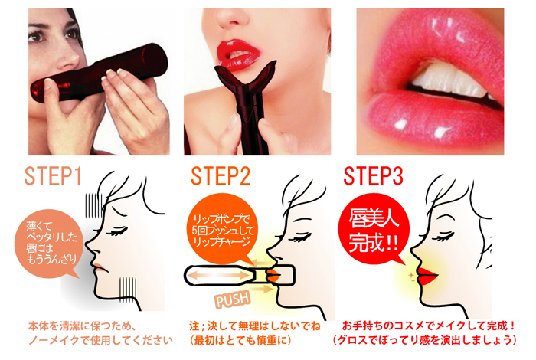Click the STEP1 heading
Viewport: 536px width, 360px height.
[x=53, y=176]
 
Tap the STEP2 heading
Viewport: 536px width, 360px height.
[x=221, y=176]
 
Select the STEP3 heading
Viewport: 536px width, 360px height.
[x=374, y=176]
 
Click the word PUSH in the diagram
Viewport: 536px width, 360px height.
[x=233, y=299]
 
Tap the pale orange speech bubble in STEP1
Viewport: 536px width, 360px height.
[x=50, y=244]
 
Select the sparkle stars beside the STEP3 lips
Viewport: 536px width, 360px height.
[x=412, y=277]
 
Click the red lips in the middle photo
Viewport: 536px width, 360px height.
[x=239, y=54]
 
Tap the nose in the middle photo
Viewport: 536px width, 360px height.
[x=229, y=20]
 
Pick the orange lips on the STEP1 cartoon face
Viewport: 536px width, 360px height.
[x=100, y=268]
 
